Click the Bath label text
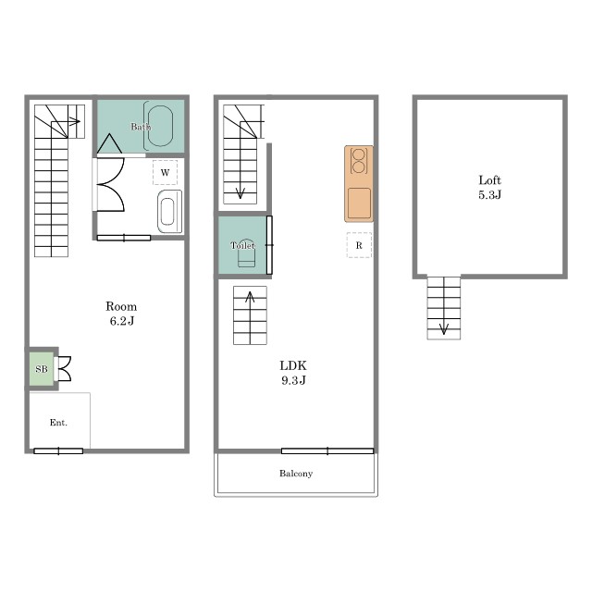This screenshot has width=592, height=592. click(141, 127)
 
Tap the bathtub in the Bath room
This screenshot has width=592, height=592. click(160, 126)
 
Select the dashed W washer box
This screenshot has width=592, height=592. click(165, 173)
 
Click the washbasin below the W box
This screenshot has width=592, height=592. click(169, 212)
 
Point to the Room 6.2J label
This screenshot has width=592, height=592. click(121, 314)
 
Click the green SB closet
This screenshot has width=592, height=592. click(42, 369)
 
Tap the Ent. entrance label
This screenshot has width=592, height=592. click(58, 423)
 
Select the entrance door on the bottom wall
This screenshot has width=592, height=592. click(58, 450)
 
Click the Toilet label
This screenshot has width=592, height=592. click(242, 245)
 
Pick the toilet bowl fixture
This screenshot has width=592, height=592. click(246, 253)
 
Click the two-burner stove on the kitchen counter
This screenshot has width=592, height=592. click(358, 161)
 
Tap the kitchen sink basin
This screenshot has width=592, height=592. click(359, 203)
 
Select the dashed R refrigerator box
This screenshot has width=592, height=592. click(359, 245)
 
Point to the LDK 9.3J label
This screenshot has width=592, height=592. click(293, 373)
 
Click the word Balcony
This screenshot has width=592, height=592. click(296, 474)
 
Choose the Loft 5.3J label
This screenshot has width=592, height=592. click(489, 187)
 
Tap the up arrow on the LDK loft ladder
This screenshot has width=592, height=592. click(250, 317)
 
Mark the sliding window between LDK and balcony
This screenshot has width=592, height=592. click(327, 450)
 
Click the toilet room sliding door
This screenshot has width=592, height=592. click(269, 245)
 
